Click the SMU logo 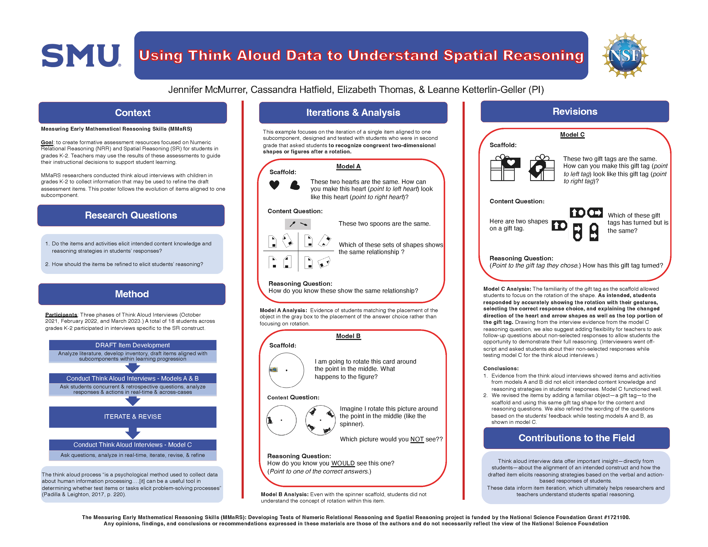point(81,56)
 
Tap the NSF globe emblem point(625,55)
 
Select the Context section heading point(133,113)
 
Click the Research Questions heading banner point(131,216)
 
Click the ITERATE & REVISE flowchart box point(133,417)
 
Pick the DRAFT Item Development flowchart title point(133,345)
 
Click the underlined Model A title point(348,166)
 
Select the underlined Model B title point(348,336)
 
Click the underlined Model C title point(572,135)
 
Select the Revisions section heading point(575,112)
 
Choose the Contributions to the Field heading point(576,438)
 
